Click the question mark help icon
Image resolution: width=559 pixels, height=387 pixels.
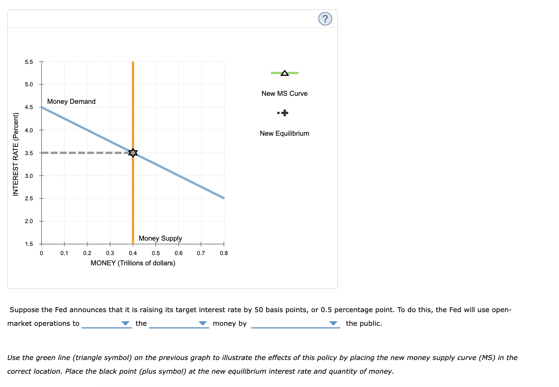[325, 19]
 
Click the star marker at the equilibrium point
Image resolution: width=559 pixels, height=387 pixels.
[133, 153]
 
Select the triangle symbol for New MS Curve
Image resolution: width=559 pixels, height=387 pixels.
[284, 73]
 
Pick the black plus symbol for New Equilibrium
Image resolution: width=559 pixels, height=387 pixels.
[284, 113]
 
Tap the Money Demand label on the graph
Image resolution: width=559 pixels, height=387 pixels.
[71, 102]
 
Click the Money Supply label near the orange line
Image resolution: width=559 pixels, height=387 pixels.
[160, 238]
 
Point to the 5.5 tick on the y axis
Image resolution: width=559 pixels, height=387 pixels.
[29, 62]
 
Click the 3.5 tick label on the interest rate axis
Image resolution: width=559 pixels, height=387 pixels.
[29, 153]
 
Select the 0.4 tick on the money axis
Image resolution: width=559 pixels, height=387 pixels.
[133, 253]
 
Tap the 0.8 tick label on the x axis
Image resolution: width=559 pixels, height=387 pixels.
[224, 253]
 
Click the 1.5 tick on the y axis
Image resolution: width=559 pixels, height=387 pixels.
[29, 244]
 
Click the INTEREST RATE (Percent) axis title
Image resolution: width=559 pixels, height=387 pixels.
[16, 154]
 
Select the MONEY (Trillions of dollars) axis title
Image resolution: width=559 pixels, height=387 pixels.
[133, 263]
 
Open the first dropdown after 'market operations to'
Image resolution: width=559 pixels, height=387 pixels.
[107, 324]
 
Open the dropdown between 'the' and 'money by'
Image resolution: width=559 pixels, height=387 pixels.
[179, 324]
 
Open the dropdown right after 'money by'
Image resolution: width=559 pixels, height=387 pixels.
[295, 324]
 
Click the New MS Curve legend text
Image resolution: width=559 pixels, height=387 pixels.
[284, 94]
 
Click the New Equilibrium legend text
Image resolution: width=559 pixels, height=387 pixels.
[284, 133]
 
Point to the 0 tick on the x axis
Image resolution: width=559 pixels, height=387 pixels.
[42, 253]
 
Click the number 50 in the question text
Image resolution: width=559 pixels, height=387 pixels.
[259, 310]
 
